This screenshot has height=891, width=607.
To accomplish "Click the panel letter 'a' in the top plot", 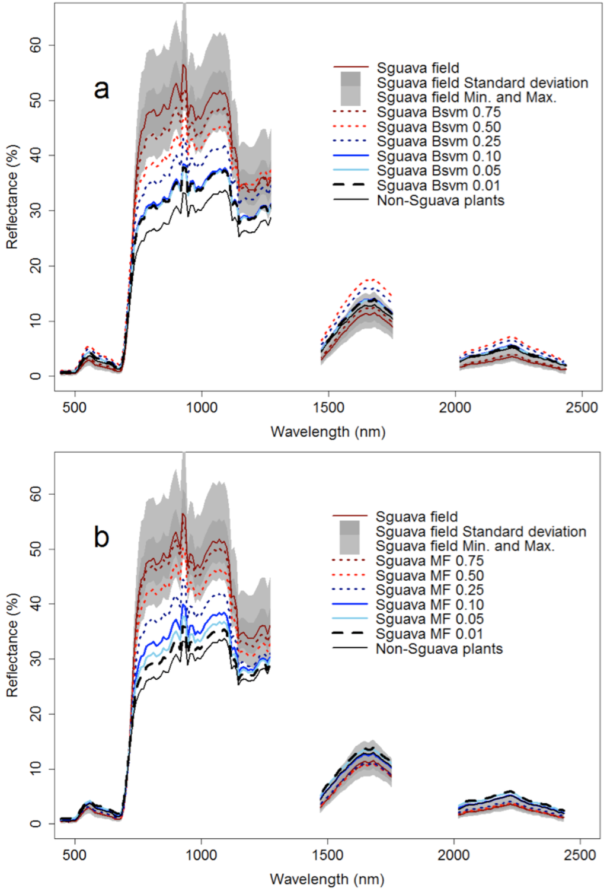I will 101,89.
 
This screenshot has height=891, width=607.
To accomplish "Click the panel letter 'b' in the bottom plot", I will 101,537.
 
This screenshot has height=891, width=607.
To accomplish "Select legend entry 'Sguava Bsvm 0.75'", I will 439,112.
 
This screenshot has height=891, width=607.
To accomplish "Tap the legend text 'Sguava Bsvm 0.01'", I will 439,186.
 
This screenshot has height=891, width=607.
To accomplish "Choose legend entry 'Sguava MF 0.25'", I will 429,590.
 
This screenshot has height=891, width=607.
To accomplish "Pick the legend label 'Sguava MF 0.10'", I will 429,604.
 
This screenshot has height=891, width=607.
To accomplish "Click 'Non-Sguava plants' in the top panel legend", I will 440,201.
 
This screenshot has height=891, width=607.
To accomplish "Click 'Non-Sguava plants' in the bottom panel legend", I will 439,648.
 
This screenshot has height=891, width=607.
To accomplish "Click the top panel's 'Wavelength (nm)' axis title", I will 328,431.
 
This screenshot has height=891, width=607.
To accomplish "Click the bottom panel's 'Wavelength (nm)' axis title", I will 327,879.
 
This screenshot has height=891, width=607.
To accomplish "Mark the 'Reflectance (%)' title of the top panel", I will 12,196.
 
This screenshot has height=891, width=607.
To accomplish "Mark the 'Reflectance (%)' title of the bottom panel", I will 12,645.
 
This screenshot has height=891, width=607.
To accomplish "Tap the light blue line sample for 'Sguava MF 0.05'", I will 350,619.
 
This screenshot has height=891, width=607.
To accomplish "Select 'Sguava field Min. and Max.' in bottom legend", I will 465,546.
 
